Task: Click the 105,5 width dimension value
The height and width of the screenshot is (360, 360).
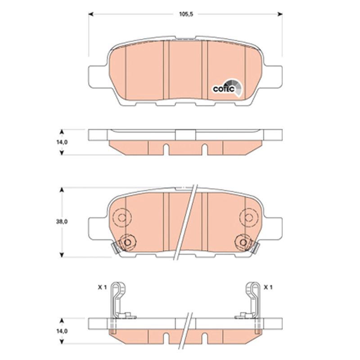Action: coord(186,14)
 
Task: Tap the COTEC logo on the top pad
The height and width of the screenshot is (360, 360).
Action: coord(227,88)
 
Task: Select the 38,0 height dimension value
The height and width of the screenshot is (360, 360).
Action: coord(62,222)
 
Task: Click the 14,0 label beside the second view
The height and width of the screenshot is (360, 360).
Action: coord(62,142)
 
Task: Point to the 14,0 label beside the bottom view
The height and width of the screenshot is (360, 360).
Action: coord(62,331)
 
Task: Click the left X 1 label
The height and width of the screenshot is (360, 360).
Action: coord(103,287)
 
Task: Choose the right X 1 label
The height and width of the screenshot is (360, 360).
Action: coord(268,287)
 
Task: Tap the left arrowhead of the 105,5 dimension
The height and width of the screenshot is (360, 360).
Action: coord(91,14)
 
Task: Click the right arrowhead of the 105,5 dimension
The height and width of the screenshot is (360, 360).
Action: coord(280,14)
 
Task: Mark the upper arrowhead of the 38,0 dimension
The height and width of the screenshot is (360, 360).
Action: coord(62,190)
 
